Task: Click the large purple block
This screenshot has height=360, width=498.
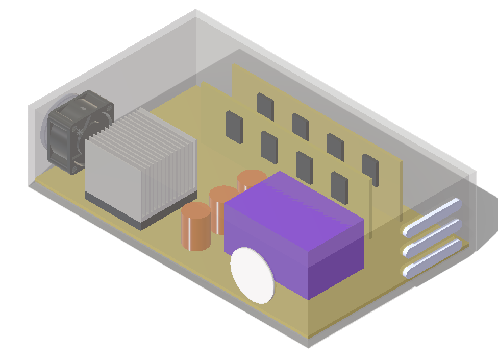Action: pyautogui.click(x=293, y=230)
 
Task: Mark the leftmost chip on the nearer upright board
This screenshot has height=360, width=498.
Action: pyautogui.click(x=234, y=127)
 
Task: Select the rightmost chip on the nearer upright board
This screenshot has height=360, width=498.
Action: pyautogui.click(x=339, y=187)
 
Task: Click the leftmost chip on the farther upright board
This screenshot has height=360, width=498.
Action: pyautogui.click(x=265, y=107)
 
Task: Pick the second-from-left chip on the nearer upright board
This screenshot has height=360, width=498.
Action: pyautogui.click(x=269, y=147)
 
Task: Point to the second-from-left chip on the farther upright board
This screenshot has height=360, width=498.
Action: pyautogui.click(x=300, y=127)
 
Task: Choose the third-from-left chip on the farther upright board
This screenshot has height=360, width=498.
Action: pyautogui.click(x=335, y=147)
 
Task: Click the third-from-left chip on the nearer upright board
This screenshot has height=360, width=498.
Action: pyautogui.click(x=305, y=167)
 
